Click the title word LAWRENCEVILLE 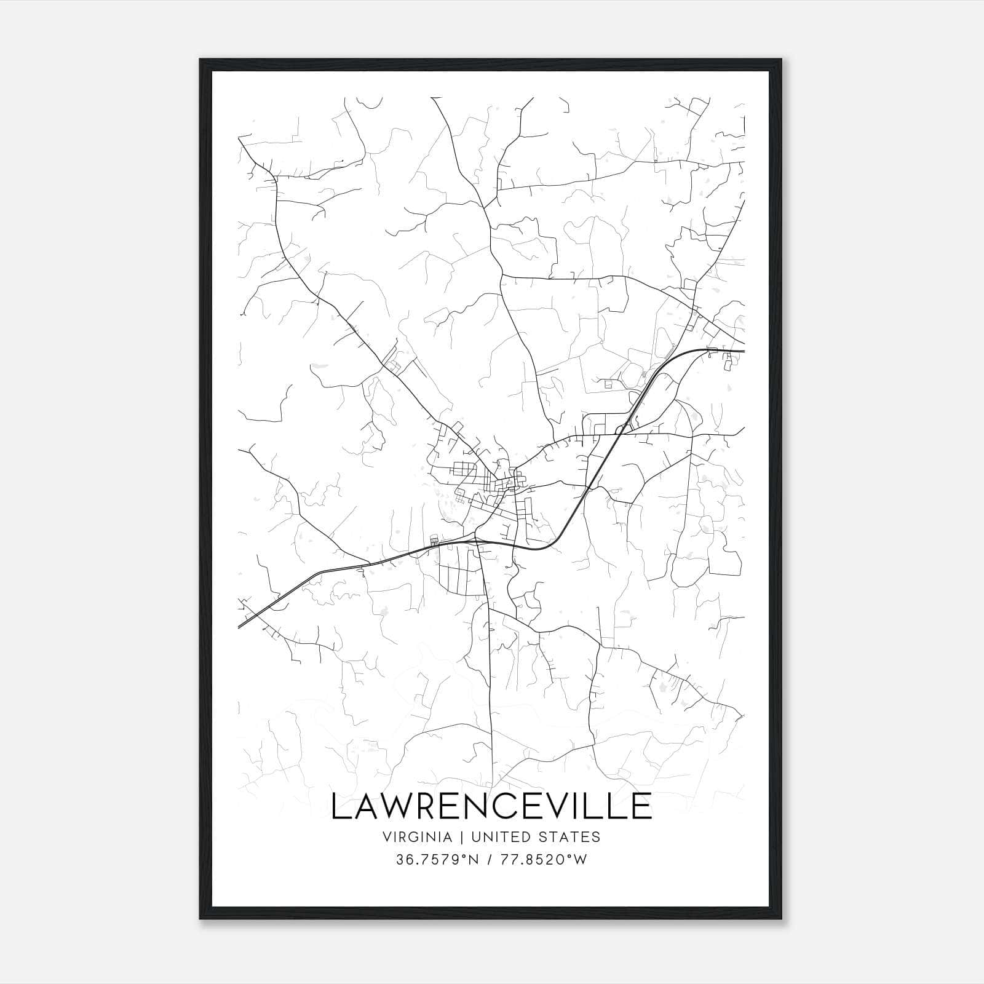pos(491,806)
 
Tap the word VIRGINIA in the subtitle pos(416,837)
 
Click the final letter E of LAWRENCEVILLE pos(643,806)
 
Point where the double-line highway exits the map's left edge pos(239,627)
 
